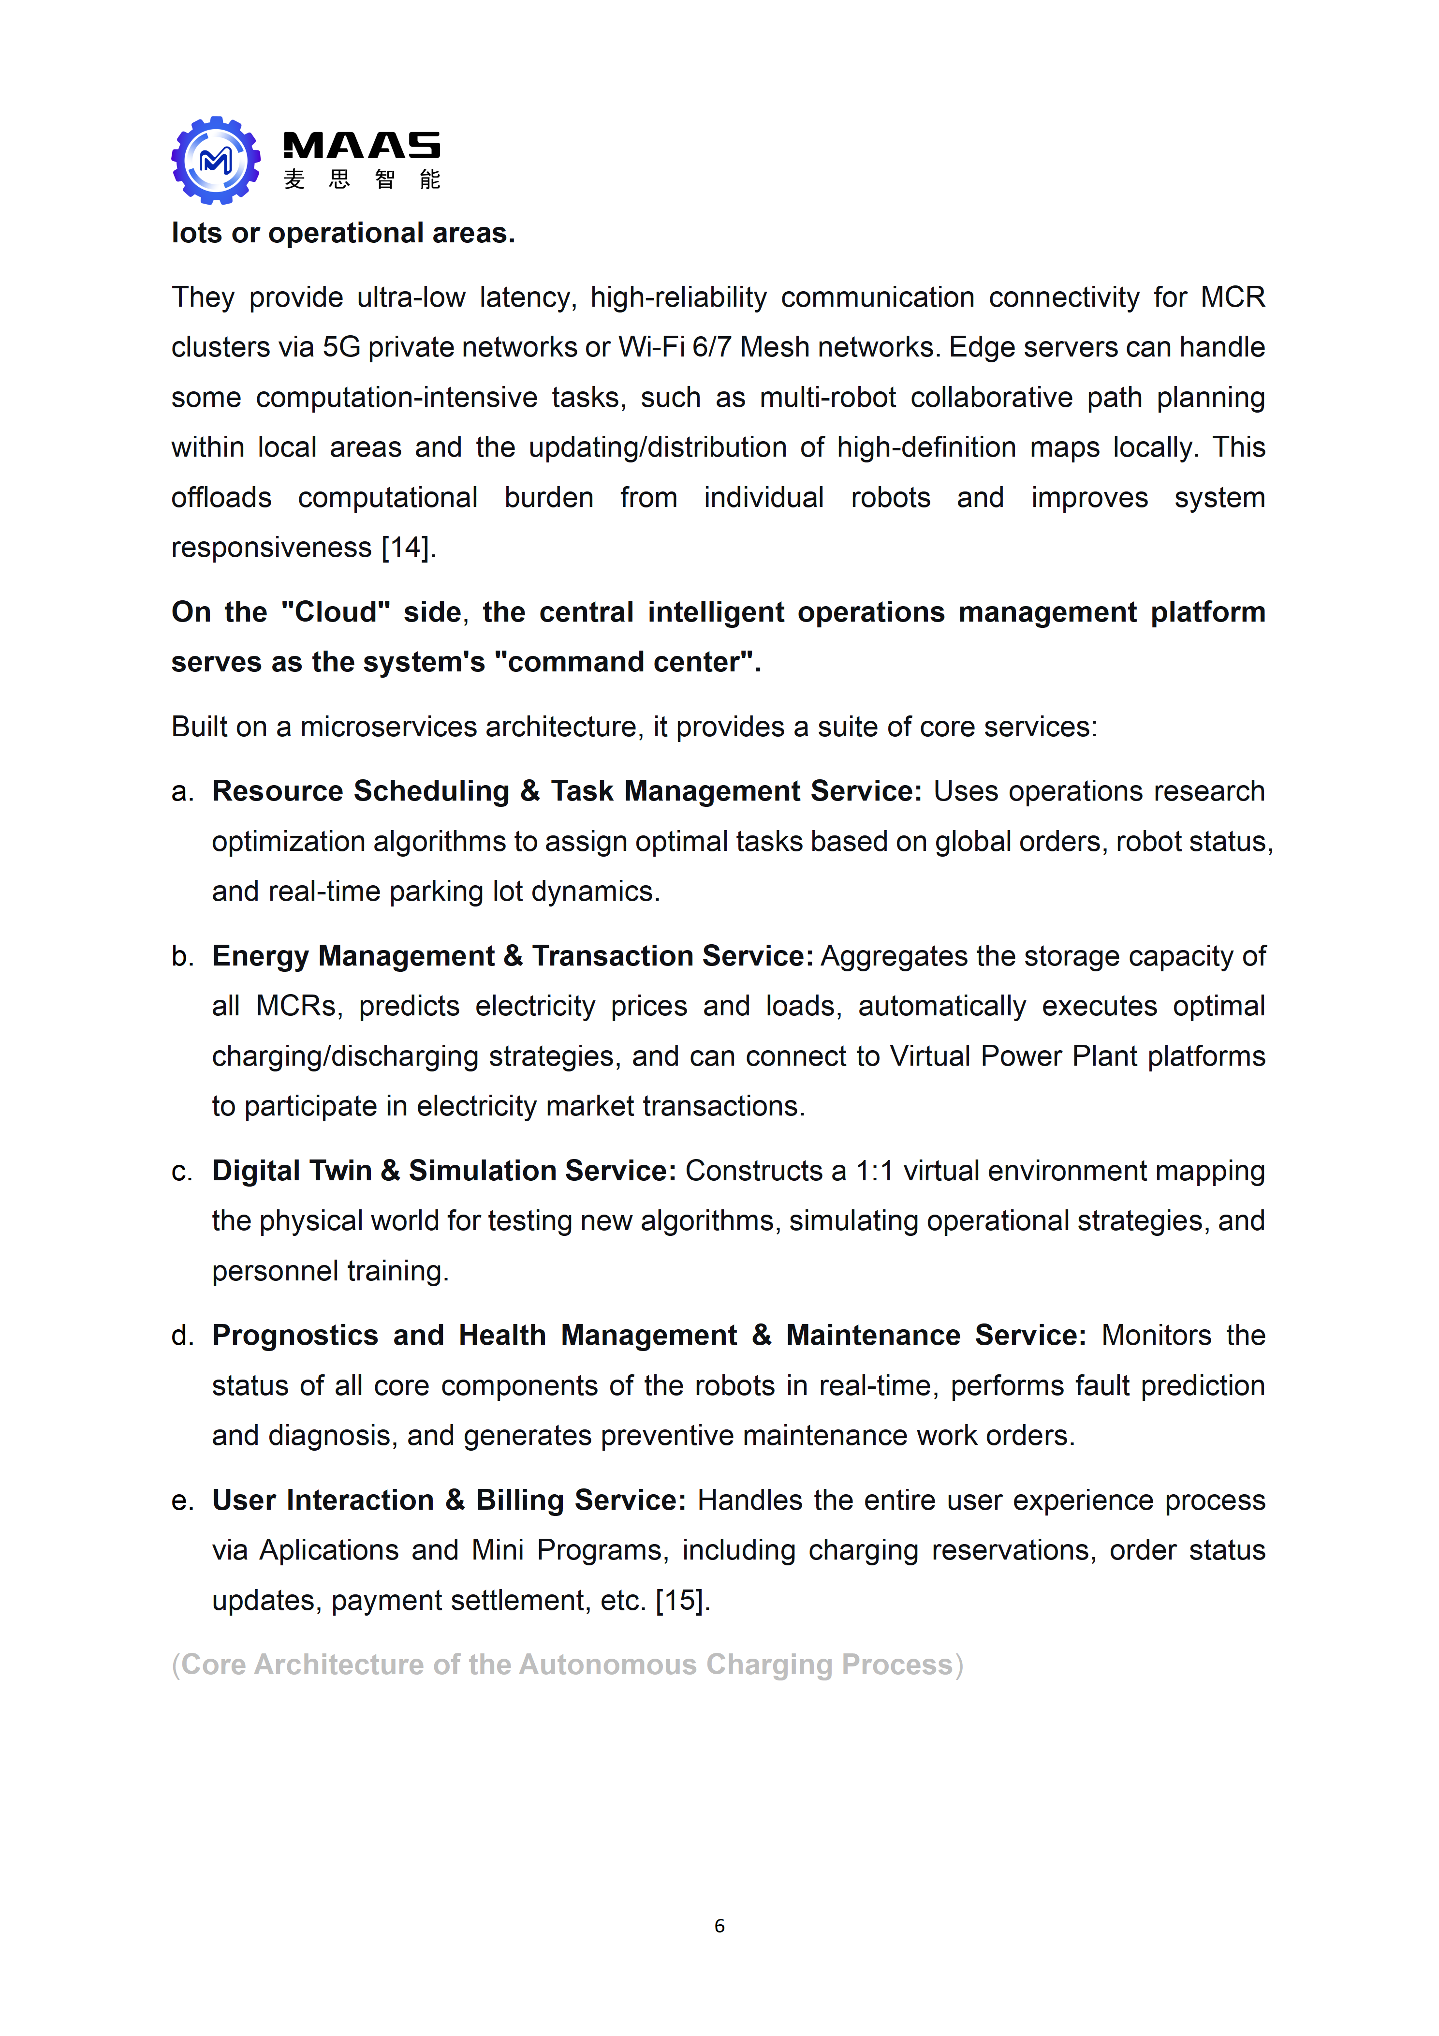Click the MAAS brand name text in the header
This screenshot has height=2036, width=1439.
361,146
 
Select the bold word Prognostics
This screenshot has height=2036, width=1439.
294,1336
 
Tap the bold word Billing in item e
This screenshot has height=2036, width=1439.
520,1501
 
